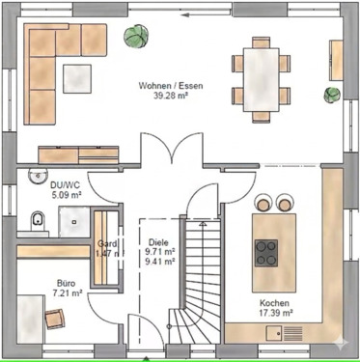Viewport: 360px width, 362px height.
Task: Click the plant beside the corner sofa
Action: pos(135,37)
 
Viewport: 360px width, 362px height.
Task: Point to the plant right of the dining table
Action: pos(332,96)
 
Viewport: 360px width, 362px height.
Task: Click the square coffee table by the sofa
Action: pos(78,74)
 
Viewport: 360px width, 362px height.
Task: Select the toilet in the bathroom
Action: pos(39,220)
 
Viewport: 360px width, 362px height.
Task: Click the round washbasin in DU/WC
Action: pos(39,176)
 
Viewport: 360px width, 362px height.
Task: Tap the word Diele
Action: pos(158,244)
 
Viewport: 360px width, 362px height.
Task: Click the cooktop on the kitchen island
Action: pos(267,252)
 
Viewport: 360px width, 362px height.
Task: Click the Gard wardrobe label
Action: pos(105,244)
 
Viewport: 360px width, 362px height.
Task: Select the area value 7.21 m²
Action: pos(67,292)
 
